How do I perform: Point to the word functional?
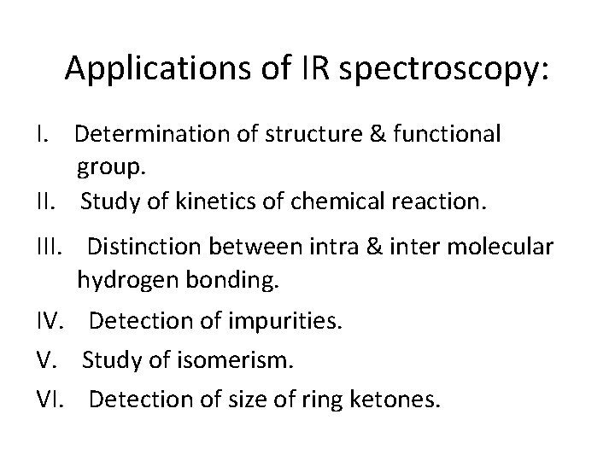[446, 134]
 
